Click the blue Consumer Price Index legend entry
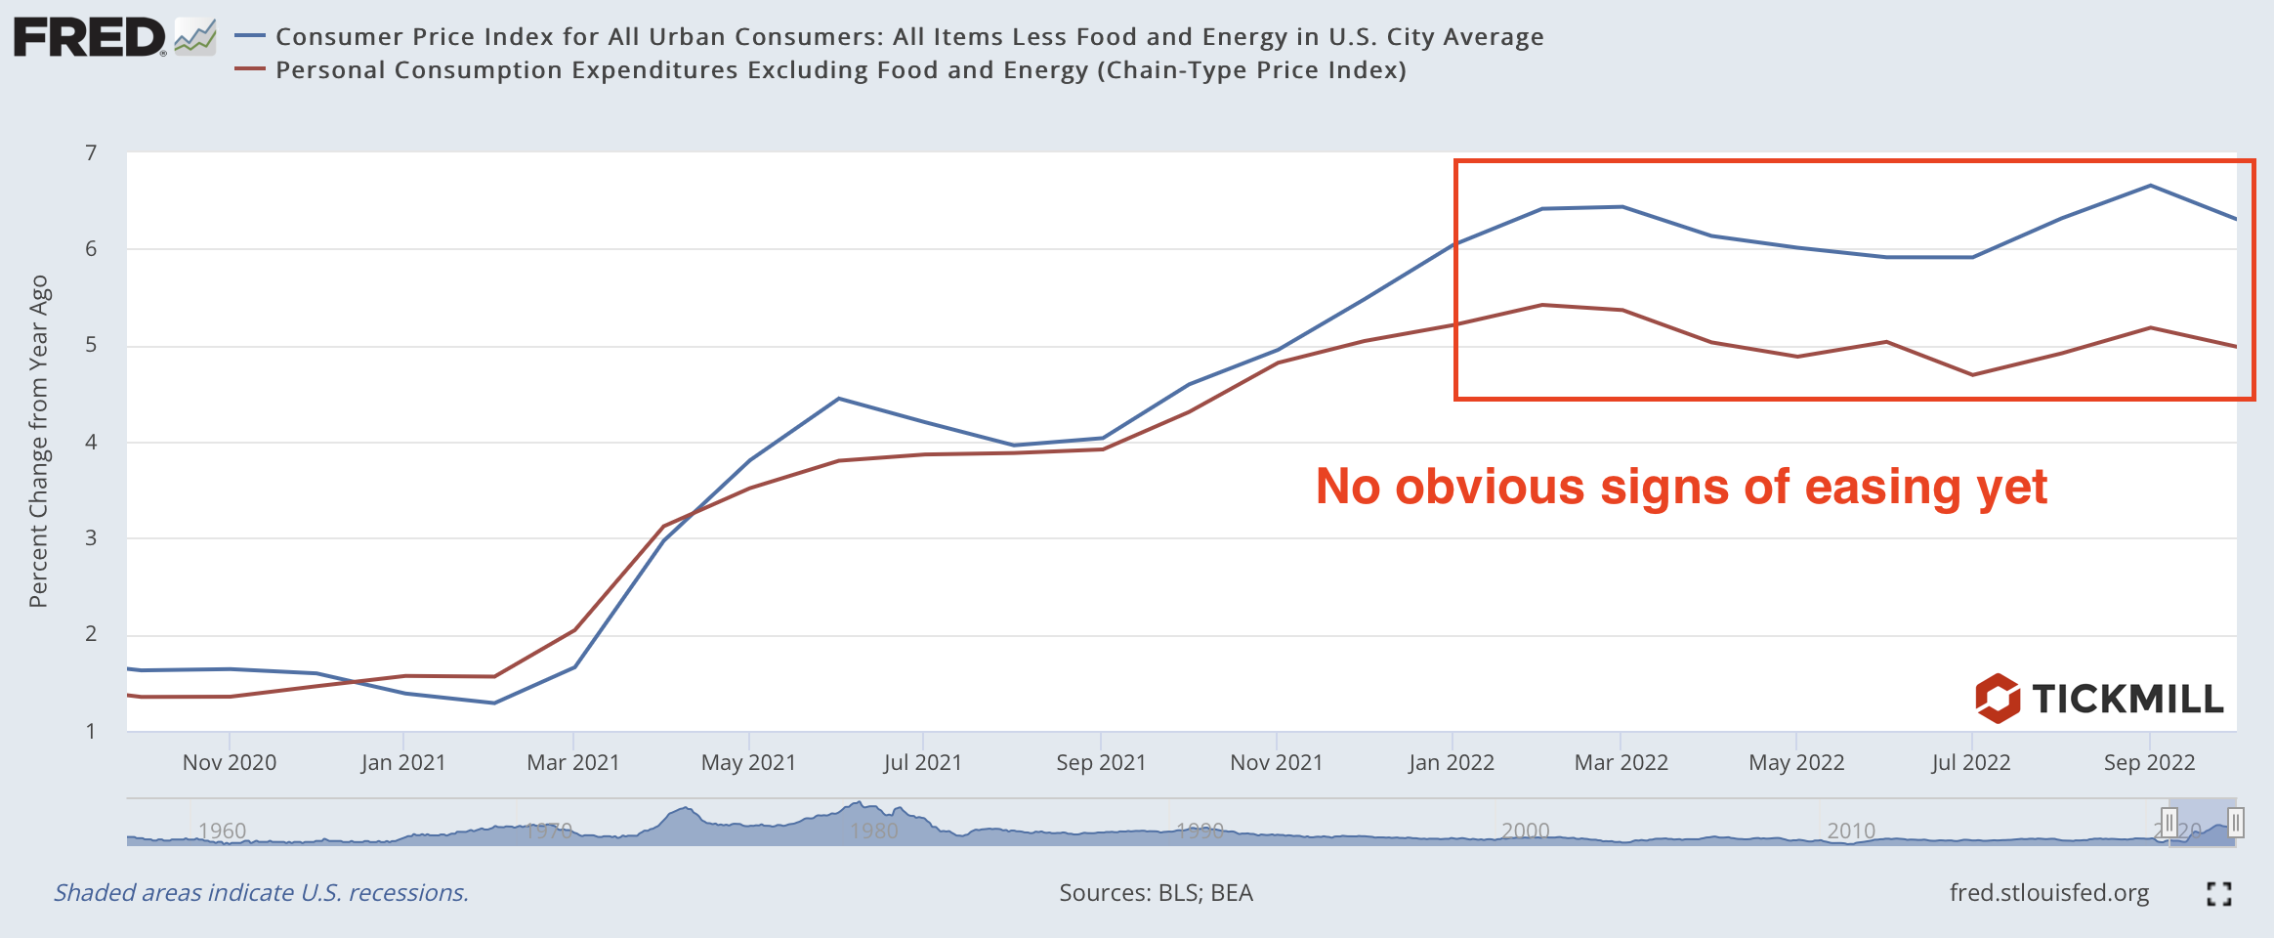[x=908, y=37]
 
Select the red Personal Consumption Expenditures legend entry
[x=840, y=70]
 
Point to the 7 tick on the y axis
[x=91, y=153]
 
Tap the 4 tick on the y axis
[x=91, y=442]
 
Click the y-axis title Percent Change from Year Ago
[x=38, y=441]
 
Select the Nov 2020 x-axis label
[x=230, y=762]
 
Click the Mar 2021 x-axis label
[x=573, y=762]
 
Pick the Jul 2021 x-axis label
[x=923, y=762]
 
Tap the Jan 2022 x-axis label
[x=1452, y=762]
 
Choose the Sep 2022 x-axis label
[x=2149, y=762]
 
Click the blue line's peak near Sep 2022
[x=2150, y=186]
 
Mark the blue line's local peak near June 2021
[x=839, y=399]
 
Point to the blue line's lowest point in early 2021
[x=494, y=703]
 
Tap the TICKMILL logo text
[x=2127, y=700]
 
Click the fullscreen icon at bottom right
[x=2219, y=893]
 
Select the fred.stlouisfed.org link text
[x=2049, y=893]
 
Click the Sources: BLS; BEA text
[x=1156, y=893]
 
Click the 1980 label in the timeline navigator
[x=873, y=831]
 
